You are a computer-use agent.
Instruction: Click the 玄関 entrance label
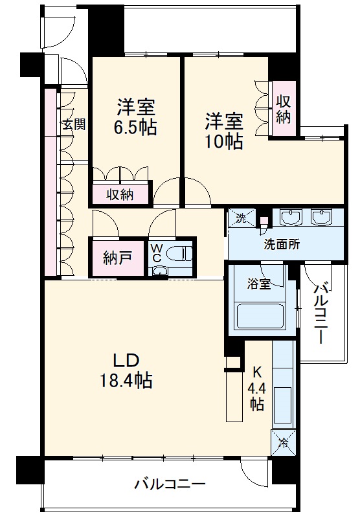coord(74,124)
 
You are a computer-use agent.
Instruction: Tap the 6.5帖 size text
coord(135,127)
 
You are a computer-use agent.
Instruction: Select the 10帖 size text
coord(225,141)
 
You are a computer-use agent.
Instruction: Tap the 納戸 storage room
coord(117,257)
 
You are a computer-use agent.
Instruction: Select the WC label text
coord(158,253)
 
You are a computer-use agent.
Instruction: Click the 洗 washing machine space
coord(241,219)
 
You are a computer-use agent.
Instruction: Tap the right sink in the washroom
coord(321,218)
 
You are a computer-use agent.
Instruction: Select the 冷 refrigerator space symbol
coord(283,444)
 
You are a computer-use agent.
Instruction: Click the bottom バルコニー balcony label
coord(170,484)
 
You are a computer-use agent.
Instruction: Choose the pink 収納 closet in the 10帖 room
coord(283,109)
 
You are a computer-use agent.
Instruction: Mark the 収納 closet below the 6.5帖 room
coord(120,194)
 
